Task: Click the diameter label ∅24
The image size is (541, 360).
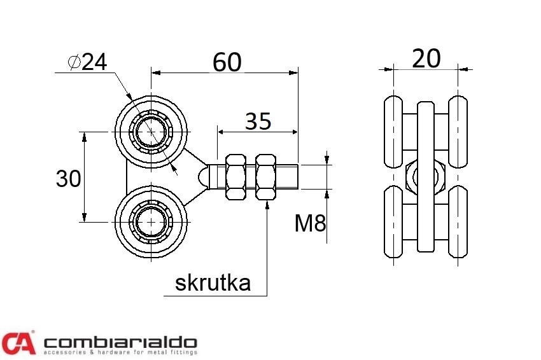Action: [88, 61]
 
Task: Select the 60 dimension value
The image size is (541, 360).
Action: [227, 62]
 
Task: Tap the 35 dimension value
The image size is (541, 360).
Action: [258, 121]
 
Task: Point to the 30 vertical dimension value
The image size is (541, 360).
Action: [69, 179]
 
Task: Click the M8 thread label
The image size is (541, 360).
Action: [311, 223]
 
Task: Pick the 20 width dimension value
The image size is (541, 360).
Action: [426, 59]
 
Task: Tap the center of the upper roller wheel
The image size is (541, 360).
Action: [151, 132]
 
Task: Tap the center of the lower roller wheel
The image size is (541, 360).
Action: [151, 222]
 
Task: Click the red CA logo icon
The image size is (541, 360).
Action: [18, 342]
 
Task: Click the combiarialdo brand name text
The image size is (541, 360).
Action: [120, 342]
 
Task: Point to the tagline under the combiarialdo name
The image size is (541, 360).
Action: [120, 352]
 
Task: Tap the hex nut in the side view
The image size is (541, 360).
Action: [425, 177]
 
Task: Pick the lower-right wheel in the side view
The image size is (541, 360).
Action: [458, 223]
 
